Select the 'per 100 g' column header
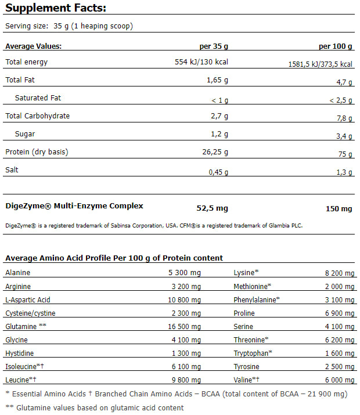[336, 46]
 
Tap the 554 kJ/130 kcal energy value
[201, 62]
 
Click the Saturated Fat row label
[38, 98]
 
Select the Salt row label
[12, 170]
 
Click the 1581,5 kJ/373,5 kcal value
[321, 64]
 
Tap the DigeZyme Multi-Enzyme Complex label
[74, 205]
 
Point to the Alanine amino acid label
[17, 272]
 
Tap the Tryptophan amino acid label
[253, 353]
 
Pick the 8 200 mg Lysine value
[338, 273]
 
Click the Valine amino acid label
[247, 380]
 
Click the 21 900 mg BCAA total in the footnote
[315, 394]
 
